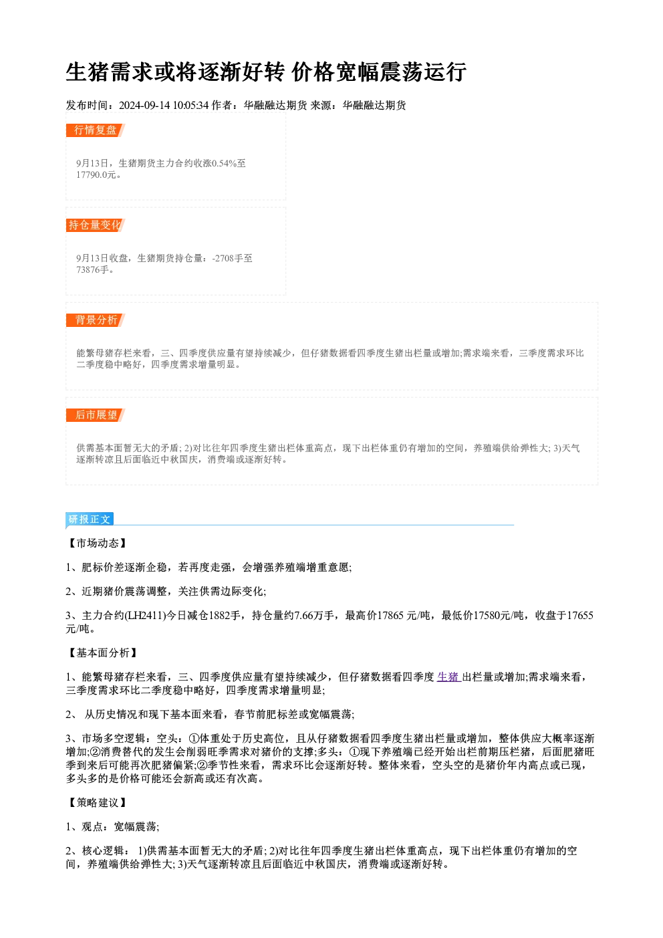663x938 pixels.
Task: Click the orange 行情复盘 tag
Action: point(96,130)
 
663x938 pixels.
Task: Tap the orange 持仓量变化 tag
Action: point(96,225)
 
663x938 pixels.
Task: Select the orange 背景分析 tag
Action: point(96,320)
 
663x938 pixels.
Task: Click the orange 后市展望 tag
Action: point(96,415)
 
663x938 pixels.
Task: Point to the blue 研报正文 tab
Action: point(90,519)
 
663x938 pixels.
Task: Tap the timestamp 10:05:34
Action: point(190,105)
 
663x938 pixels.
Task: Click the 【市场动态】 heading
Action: point(98,544)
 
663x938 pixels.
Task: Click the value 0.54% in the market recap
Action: point(224,163)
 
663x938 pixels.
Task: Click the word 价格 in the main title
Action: point(313,72)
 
